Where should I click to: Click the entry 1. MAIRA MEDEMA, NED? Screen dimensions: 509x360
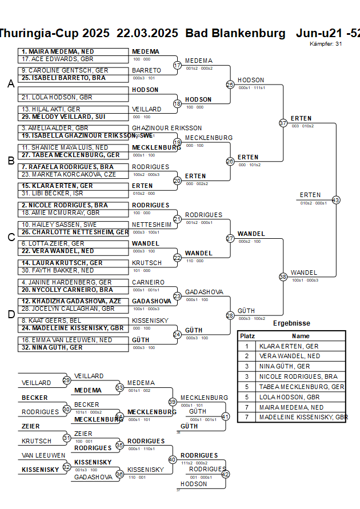point(57,51)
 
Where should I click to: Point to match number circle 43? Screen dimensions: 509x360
point(336,200)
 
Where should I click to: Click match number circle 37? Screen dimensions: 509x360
point(283,123)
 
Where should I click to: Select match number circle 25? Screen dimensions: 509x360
point(230,85)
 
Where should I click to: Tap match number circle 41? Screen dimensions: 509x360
point(225,416)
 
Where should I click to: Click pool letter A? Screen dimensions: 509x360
point(11,84)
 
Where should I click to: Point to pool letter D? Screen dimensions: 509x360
point(11,314)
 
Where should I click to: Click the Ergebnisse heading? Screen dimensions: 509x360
point(291,323)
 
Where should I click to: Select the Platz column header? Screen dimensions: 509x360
point(247,336)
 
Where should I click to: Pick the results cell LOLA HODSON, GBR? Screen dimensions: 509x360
point(289,397)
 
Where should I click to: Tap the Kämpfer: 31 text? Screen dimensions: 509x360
point(326,43)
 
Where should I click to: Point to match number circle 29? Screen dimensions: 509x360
point(67,380)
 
